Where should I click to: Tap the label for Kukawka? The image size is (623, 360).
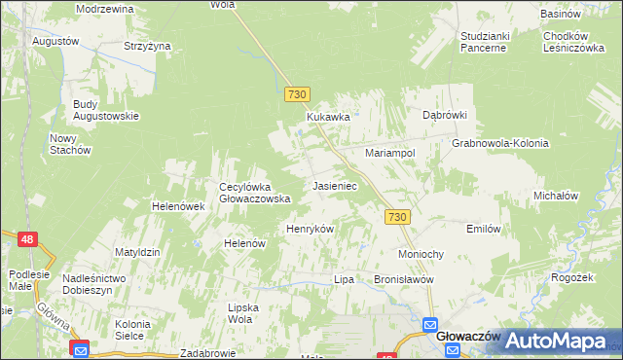coord(328,117)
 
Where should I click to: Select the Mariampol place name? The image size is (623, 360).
coord(390,154)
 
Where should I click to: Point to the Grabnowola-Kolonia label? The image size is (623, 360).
coord(500,143)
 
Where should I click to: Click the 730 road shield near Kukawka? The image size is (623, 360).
coord(298,94)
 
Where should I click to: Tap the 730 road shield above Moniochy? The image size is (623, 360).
coord(395,218)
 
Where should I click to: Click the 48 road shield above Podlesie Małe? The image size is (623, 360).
coord(27,238)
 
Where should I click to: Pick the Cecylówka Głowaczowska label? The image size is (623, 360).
coord(255,193)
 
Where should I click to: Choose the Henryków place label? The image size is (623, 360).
coord(310,229)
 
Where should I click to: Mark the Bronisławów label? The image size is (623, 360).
coord(403,279)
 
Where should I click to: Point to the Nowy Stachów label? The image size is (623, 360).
coord(70,144)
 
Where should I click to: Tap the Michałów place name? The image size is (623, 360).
coord(557,196)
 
